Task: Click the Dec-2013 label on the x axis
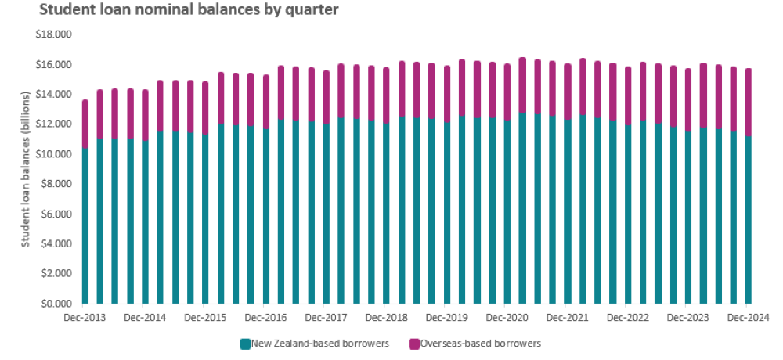(85, 318)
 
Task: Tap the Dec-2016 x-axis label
(266, 318)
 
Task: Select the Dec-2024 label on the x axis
(749, 318)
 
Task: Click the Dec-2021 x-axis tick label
(568, 318)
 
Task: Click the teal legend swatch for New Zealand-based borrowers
(245, 343)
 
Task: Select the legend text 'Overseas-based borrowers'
(480, 343)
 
